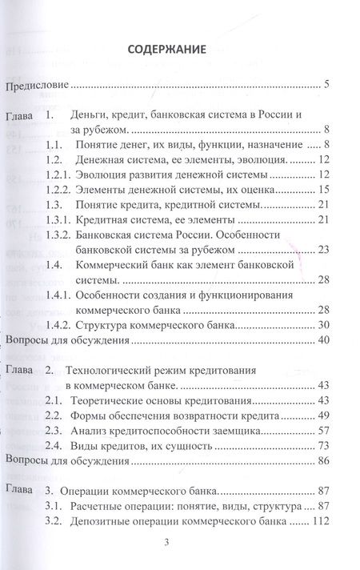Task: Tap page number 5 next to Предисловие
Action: (x=318, y=84)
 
